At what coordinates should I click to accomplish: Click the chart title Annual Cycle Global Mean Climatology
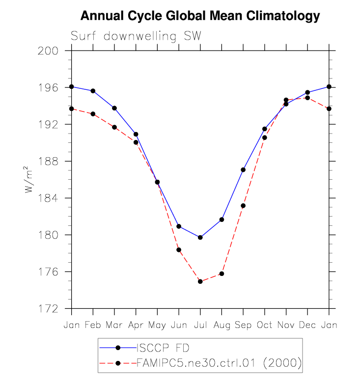click(200, 16)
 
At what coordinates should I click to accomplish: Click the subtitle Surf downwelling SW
click(136, 36)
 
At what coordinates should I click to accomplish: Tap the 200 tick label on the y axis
click(49, 51)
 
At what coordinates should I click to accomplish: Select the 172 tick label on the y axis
click(49, 309)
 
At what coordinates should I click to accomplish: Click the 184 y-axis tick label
click(49, 198)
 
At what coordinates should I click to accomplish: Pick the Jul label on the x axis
click(200, 326)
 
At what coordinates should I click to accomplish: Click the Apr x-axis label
click(136, 326)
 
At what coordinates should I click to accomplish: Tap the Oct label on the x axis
click(264, 326)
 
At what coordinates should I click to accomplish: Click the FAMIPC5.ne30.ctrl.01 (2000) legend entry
click(218, 363)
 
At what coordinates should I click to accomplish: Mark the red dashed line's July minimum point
click(200, 281)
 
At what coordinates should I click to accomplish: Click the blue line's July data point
click(200, 237)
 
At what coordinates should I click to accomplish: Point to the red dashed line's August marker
click(222, 274)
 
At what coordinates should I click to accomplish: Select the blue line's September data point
click(243, 170)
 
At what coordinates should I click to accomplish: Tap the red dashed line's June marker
click(179, 250)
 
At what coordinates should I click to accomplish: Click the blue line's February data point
click(93, 91)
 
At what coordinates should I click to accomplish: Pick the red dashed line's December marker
click(307, 98)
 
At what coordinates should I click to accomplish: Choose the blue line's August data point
click(222, 219)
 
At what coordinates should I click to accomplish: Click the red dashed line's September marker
click(243, 205)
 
